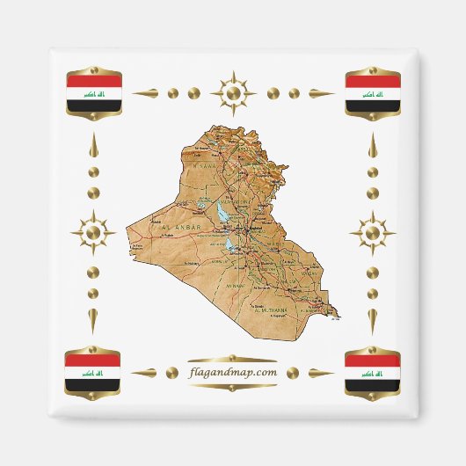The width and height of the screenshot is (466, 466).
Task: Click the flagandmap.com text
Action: coord(233,372)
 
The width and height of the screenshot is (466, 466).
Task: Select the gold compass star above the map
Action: coord(233,91)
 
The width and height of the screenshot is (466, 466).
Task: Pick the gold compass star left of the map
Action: coord(92,232)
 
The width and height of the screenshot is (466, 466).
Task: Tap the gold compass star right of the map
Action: coord(373,233)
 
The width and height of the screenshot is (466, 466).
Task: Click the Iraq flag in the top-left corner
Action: coord(94,93)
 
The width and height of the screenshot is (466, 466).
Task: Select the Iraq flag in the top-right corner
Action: coord(372,93)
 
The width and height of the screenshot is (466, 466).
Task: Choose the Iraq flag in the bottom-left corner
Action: coord(94,372)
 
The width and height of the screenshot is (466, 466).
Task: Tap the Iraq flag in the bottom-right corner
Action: coord(372,372)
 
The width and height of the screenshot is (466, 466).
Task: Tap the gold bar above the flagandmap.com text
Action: coord(233,359)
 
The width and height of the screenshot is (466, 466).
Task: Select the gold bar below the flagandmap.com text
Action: coord(233,385)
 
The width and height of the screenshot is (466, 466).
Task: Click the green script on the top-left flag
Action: coord(94,93)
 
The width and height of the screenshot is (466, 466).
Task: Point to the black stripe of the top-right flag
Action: coord(372,105)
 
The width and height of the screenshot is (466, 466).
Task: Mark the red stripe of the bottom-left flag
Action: coord(94,360)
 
